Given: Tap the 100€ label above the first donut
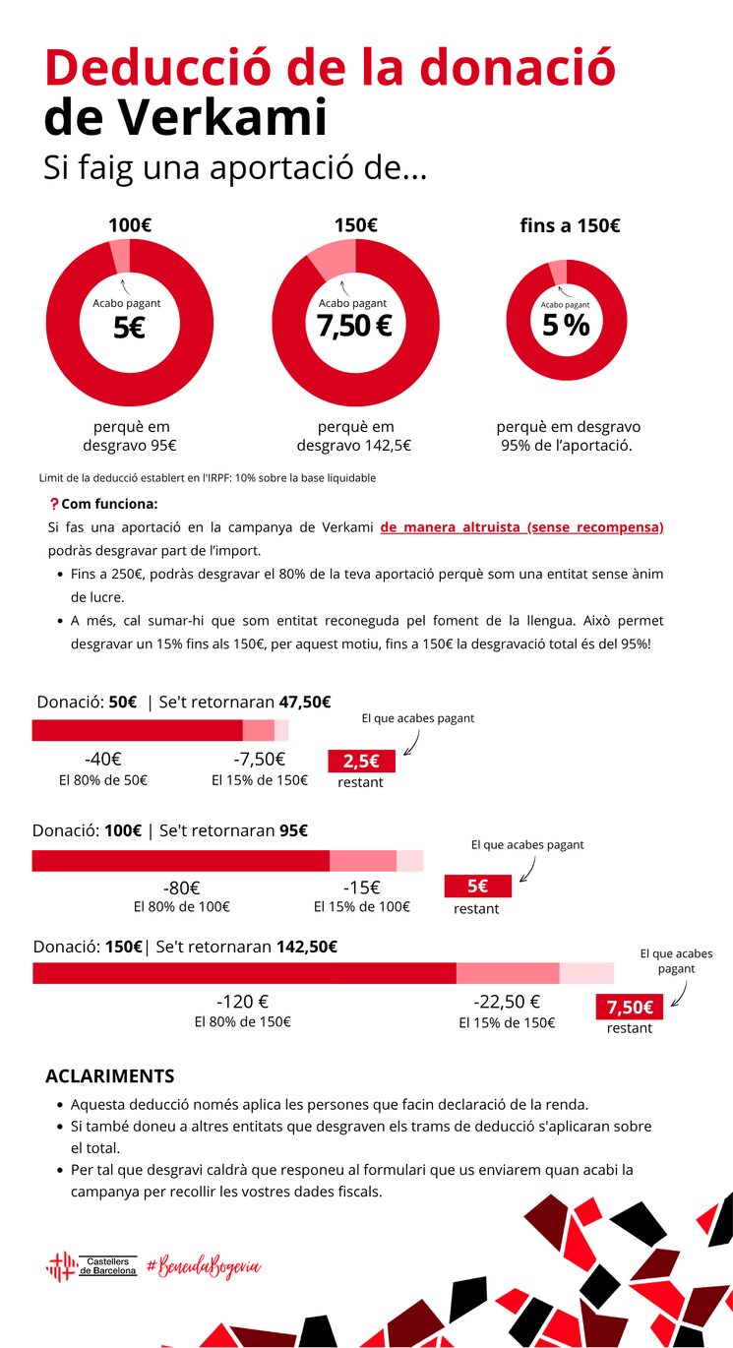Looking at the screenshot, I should [129, 225].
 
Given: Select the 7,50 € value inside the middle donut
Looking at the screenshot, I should [355, 326].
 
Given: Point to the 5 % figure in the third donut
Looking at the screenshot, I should [566, 325].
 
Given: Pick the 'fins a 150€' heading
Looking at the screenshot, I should [570, 225].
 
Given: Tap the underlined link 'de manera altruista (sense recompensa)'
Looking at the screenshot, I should [521, 527].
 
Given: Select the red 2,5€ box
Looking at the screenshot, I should [360, 762].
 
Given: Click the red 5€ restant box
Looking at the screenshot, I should [477, 886].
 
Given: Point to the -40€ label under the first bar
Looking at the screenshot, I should [102, 760].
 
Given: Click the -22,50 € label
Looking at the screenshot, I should [507, 1002].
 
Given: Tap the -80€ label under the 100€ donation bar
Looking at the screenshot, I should [182, 888].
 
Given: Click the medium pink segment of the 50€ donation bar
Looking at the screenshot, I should [258, 730].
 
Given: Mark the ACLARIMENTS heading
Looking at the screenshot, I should [110, 1076].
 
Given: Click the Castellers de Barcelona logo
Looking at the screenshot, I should [92, 1265].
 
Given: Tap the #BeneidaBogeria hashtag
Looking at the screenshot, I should [204, 1265].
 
